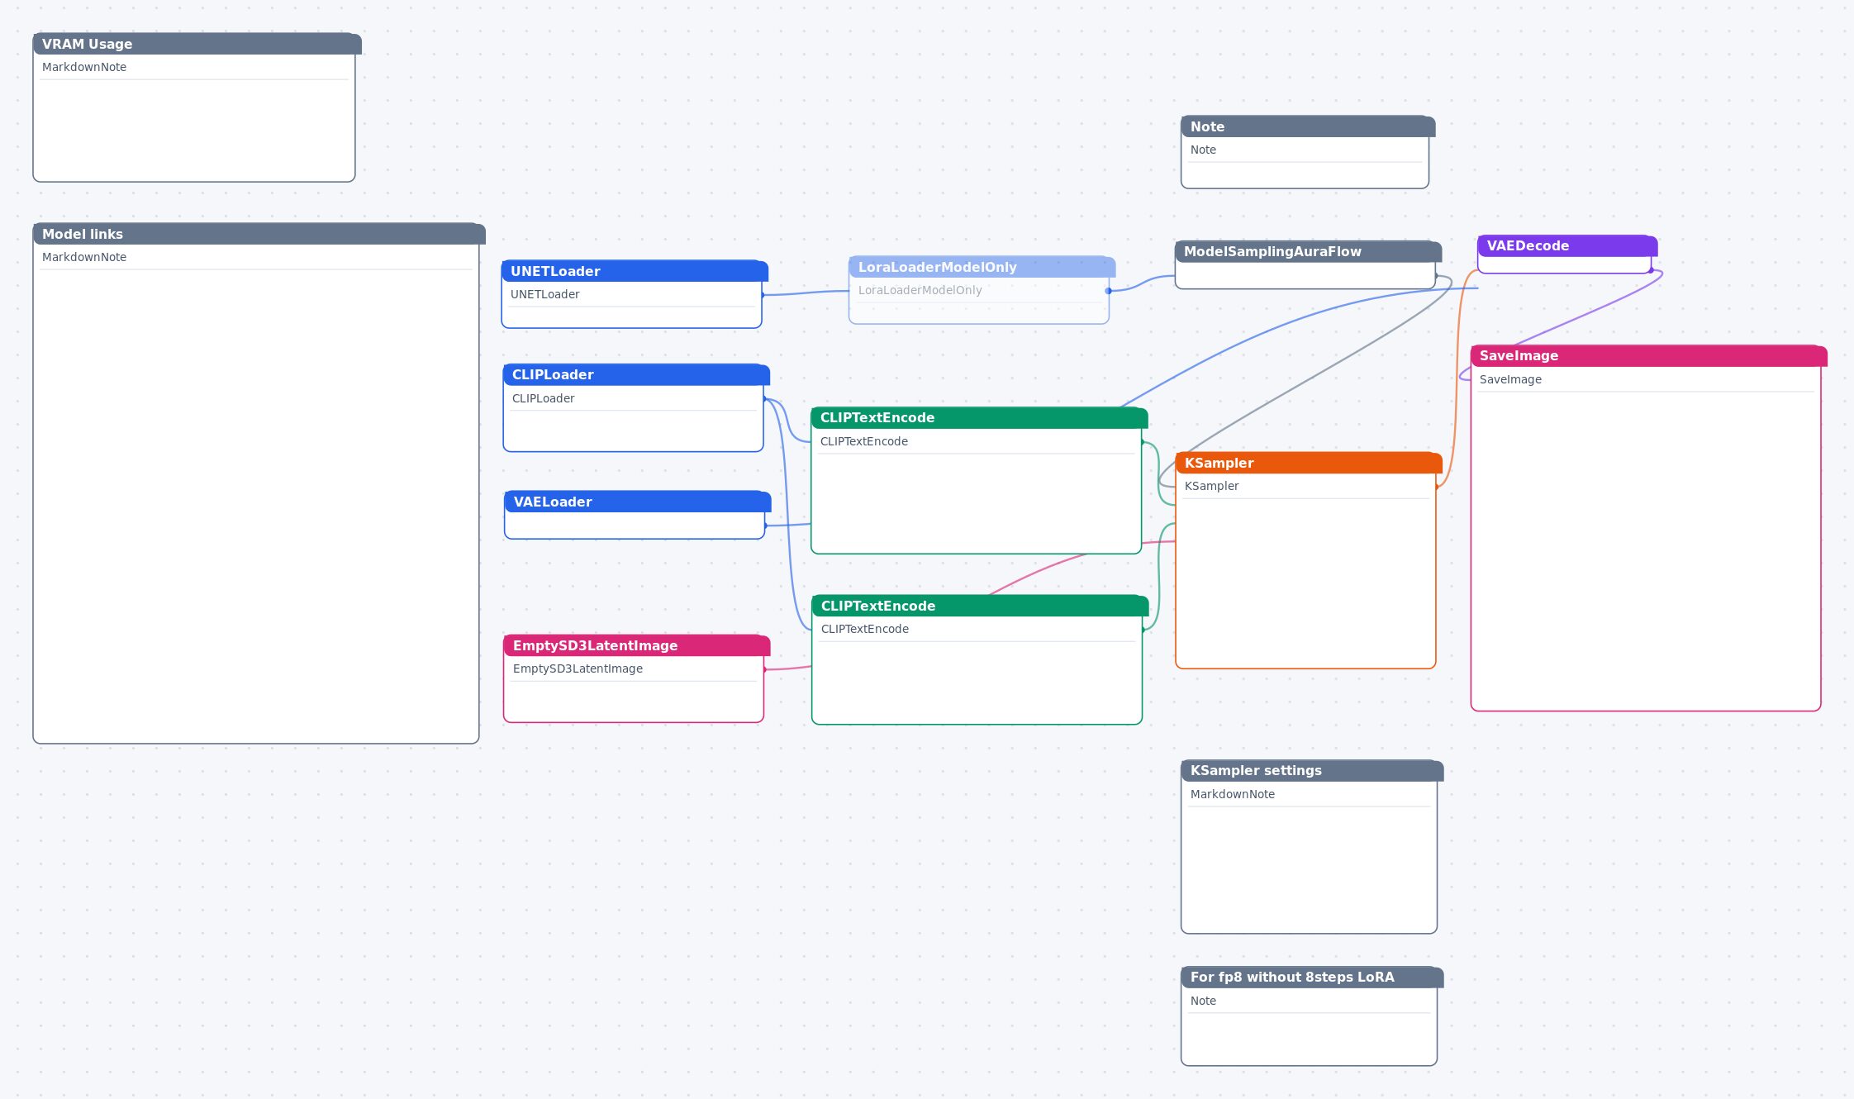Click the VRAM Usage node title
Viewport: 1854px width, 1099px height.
[197, 44]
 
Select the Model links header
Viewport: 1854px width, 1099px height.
[259, 234]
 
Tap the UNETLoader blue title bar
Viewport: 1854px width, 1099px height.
[635, 271]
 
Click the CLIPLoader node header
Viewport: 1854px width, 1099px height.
[636, 374]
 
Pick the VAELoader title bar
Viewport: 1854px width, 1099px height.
[638, 502]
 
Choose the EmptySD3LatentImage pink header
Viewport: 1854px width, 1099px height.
[637, 645]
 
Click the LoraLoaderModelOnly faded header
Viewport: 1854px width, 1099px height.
[982, 267]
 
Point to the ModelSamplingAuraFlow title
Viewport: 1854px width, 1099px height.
[1309, 251]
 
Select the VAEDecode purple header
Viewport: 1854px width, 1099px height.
[1567, 245]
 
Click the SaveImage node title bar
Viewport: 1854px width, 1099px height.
[1649, 355]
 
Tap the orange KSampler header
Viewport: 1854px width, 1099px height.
[1309, 463]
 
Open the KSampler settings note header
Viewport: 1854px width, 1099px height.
[1312, 770]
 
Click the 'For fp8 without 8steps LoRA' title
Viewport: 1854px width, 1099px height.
[1312, 977]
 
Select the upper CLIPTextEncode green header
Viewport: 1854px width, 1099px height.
[980, 417]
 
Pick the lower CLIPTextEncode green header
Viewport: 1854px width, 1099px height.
[981, 606]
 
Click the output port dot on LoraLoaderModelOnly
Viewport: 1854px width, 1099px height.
[1109, 291]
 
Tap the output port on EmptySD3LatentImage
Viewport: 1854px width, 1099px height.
[764, 669]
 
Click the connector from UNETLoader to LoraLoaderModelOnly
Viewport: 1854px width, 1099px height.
[806, 293]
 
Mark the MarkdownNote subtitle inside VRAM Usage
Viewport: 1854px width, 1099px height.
[84, 67]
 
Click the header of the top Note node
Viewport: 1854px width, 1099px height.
[1309, 126]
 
